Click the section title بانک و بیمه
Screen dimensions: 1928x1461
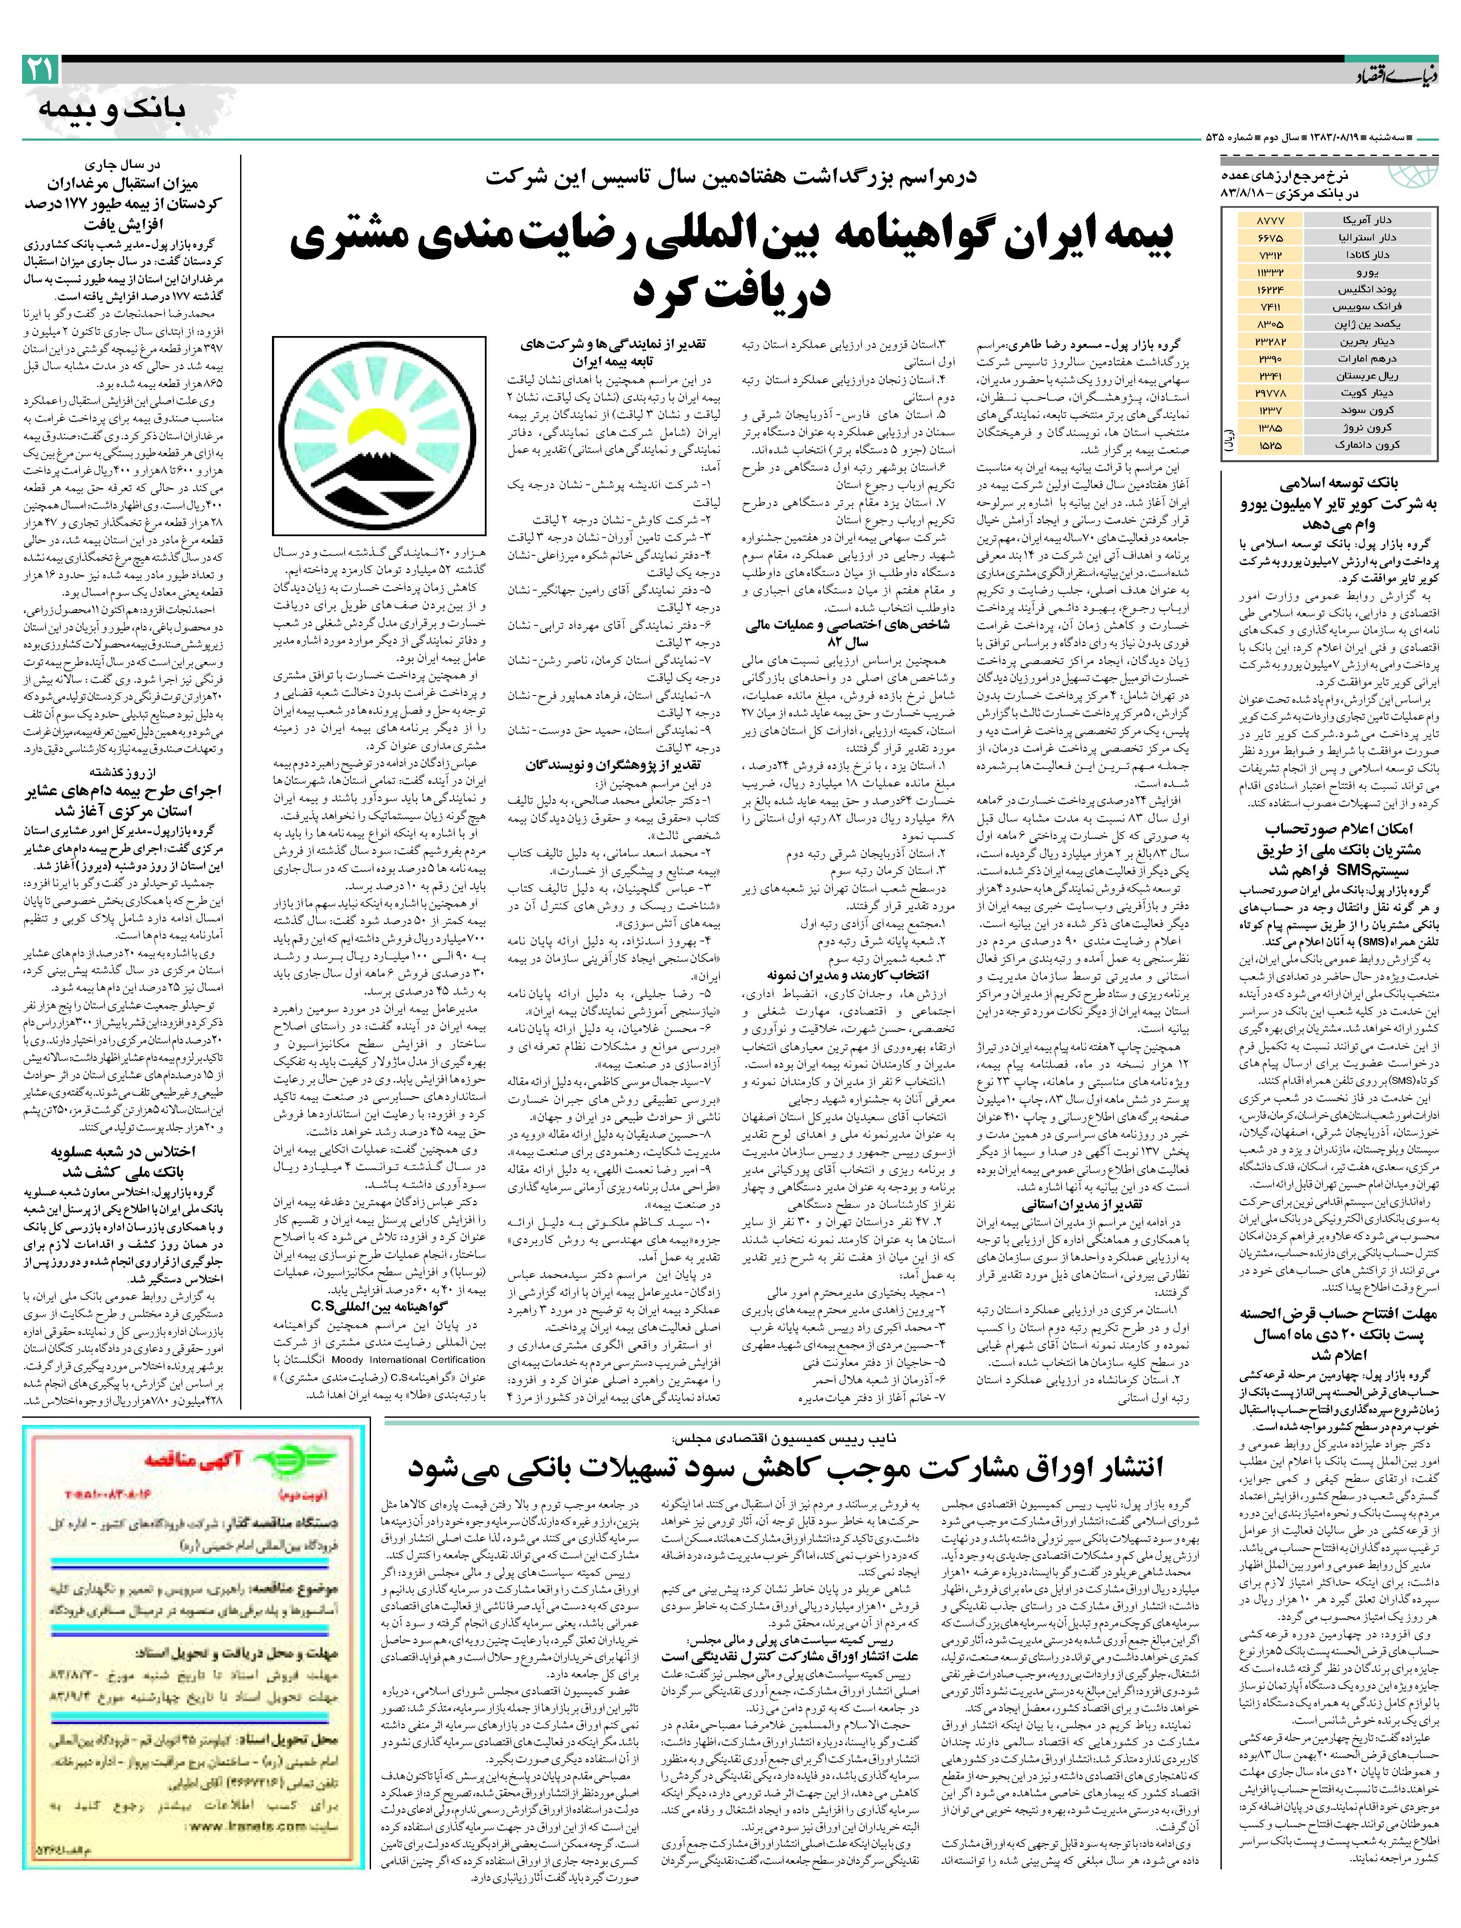(x=112, y=111)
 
